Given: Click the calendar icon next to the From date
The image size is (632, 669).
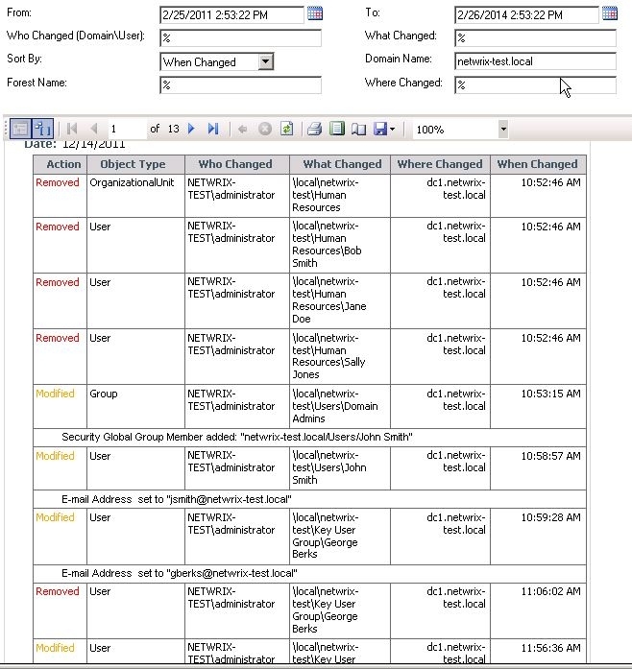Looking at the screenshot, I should (x=315, y=13).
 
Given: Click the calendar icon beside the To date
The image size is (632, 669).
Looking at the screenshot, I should (x=610, y=13).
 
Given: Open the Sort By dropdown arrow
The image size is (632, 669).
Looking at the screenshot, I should (x=266, y=61).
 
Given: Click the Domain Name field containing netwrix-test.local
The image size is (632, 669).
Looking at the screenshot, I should (x=535, y=61).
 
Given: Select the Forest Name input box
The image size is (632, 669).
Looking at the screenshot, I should (x=240, y=85).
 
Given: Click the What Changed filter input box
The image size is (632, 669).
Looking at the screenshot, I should (x=535, y=38).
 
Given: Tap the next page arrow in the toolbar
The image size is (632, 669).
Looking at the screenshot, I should (x=192, y=129).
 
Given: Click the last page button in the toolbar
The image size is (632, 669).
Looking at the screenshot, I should (x=213, y=129).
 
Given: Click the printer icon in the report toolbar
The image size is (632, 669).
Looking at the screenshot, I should (x=314, y=129).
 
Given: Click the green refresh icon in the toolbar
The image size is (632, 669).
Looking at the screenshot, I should (x=286, y=129).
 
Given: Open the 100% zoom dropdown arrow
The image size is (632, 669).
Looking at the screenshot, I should (x=502, y=129).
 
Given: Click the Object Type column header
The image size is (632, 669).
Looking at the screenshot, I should (x=133, y=164).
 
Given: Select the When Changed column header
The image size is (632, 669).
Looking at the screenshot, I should (x=538, y=164).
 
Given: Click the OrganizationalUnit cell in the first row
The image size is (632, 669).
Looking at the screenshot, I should (x=133, y=183).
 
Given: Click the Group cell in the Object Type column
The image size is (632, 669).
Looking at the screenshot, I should (x=104, y=394).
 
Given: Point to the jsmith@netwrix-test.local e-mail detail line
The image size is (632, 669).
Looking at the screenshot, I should (x=176, y=499).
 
